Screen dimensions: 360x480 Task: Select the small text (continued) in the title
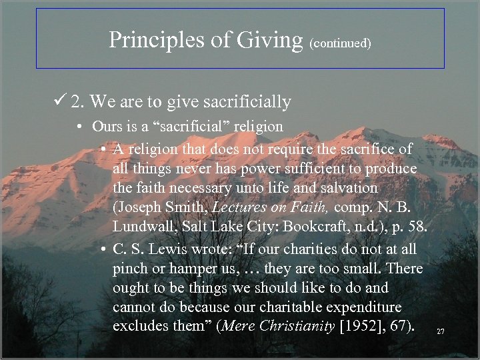pyautogui.click(x=340, y=43)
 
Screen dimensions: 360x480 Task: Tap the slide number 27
pyautogui.click(x=441, y=331)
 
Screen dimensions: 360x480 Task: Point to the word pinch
pyautogui.click(x=131, y=269)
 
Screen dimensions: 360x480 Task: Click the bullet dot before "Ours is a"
pyautogui.click(x=79, y=127)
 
